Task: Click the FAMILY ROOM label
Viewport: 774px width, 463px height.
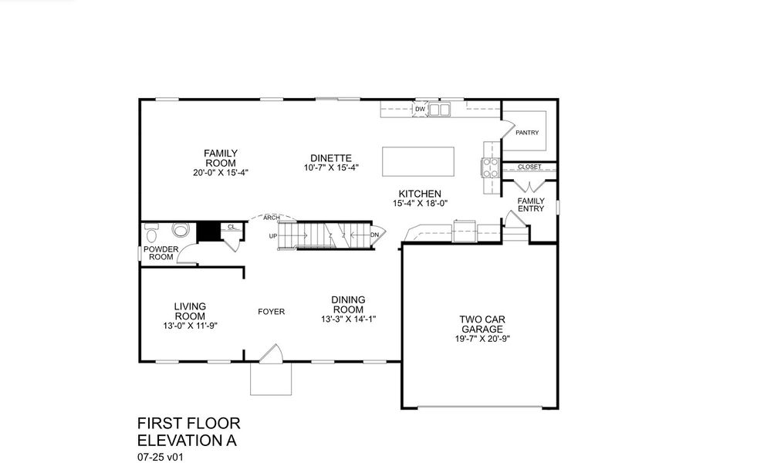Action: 220,157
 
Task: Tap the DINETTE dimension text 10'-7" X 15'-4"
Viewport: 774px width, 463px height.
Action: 331,167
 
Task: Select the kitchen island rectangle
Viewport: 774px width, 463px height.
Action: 418,160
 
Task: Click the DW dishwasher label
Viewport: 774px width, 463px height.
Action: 420,110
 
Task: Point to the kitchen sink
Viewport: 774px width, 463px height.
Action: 440,110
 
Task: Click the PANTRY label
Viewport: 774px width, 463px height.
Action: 527,132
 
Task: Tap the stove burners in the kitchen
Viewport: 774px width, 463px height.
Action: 490,167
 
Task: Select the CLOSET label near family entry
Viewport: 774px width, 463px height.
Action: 529,167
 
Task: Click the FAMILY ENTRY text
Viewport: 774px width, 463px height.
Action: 531,204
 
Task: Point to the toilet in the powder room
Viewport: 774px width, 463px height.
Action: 182,230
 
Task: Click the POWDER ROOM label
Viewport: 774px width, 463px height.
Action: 161,253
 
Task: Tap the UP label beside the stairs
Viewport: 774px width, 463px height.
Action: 273,235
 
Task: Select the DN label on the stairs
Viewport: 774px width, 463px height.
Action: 374,235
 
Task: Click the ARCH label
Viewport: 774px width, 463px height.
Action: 272,218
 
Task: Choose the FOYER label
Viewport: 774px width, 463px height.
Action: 271,312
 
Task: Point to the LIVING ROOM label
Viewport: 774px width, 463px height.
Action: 190,311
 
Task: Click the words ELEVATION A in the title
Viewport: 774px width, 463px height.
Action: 186,441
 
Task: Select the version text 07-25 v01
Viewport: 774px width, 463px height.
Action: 160,456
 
